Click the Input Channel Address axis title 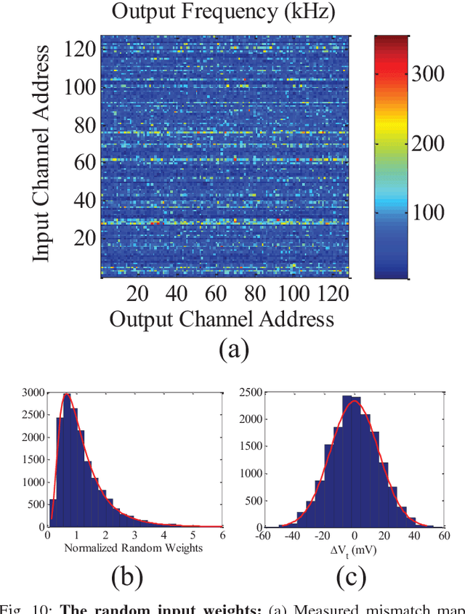43,153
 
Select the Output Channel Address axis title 221,319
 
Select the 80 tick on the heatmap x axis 254,294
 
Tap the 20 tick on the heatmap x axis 137,294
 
